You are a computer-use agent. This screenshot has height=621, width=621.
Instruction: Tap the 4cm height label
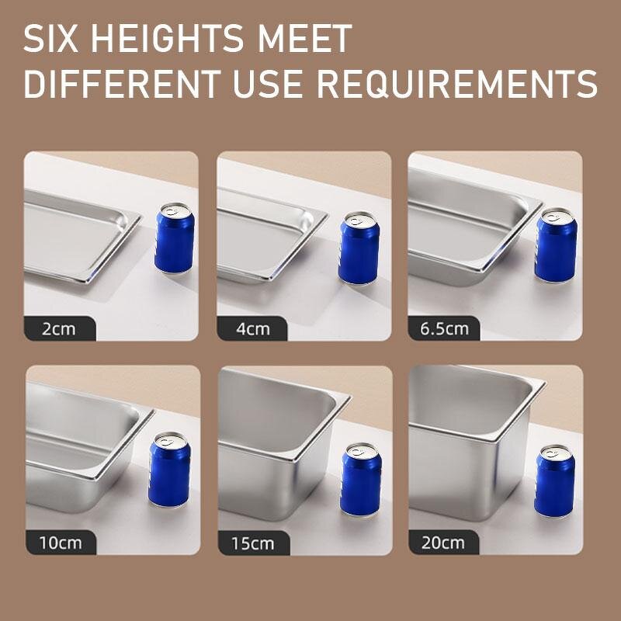pos(252,328)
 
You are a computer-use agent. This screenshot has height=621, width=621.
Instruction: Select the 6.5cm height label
pos(444,328)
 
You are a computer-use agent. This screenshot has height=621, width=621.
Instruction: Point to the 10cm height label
pos(60,542)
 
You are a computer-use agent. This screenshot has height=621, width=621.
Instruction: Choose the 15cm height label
pos(252,543)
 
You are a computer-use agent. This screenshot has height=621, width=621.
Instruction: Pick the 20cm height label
pos(444,542)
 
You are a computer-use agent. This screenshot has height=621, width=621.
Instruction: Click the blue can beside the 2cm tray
pos(174,238)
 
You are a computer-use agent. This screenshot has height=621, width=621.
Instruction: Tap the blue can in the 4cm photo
pos(359,248)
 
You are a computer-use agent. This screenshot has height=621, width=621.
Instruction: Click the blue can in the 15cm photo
pos(361,480)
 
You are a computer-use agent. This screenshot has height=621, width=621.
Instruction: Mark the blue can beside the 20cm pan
pos(555,481)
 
